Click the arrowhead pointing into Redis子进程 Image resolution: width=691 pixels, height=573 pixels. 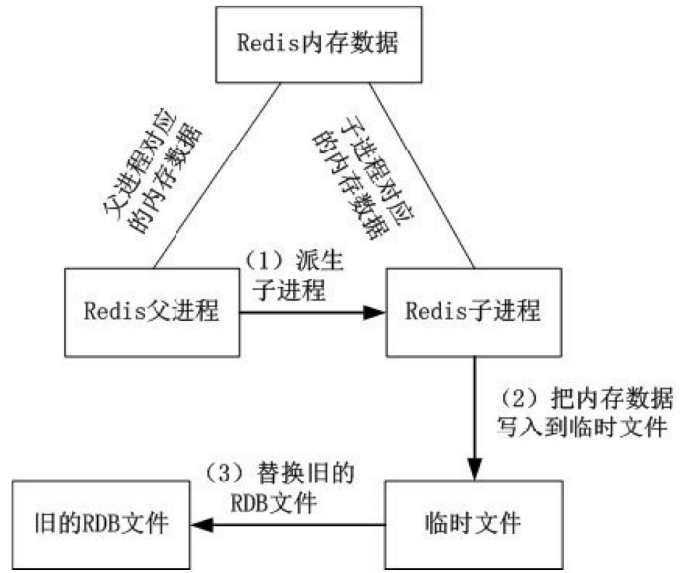[x=376, y=313]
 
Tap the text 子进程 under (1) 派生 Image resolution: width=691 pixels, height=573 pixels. [x=290, y=290]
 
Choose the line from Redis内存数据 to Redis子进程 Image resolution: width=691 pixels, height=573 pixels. [x=421, y=174]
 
